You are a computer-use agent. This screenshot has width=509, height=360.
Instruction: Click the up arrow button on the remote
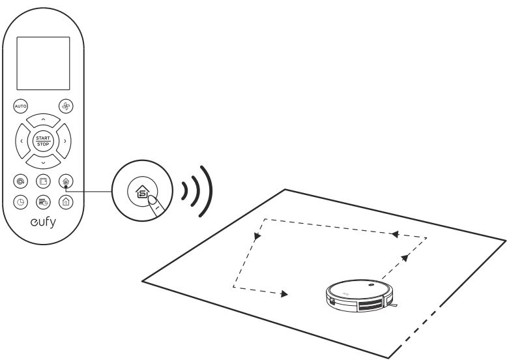[42, 119]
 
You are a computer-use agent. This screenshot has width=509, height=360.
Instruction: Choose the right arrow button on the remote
[65, 140]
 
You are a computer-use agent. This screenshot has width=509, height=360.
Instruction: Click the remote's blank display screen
[42, 63]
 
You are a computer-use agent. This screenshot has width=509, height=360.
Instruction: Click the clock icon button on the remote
[20, 202]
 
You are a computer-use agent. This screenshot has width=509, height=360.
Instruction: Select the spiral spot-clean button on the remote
[20, 181]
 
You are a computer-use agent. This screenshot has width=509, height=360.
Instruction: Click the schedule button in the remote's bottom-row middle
[42, 202]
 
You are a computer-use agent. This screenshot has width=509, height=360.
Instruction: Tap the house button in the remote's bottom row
[65, 202]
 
